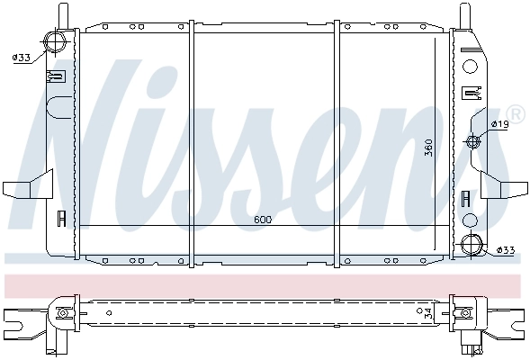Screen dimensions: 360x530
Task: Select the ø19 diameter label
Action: [x=501, y=123]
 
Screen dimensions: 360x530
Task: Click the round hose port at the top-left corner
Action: [x=57, y=43]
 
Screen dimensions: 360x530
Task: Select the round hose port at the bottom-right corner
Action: [x=470, y=245]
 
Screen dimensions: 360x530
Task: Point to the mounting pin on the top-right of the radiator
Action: [x=463, y=16]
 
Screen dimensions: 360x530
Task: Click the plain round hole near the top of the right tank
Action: [x=469, y=66]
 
